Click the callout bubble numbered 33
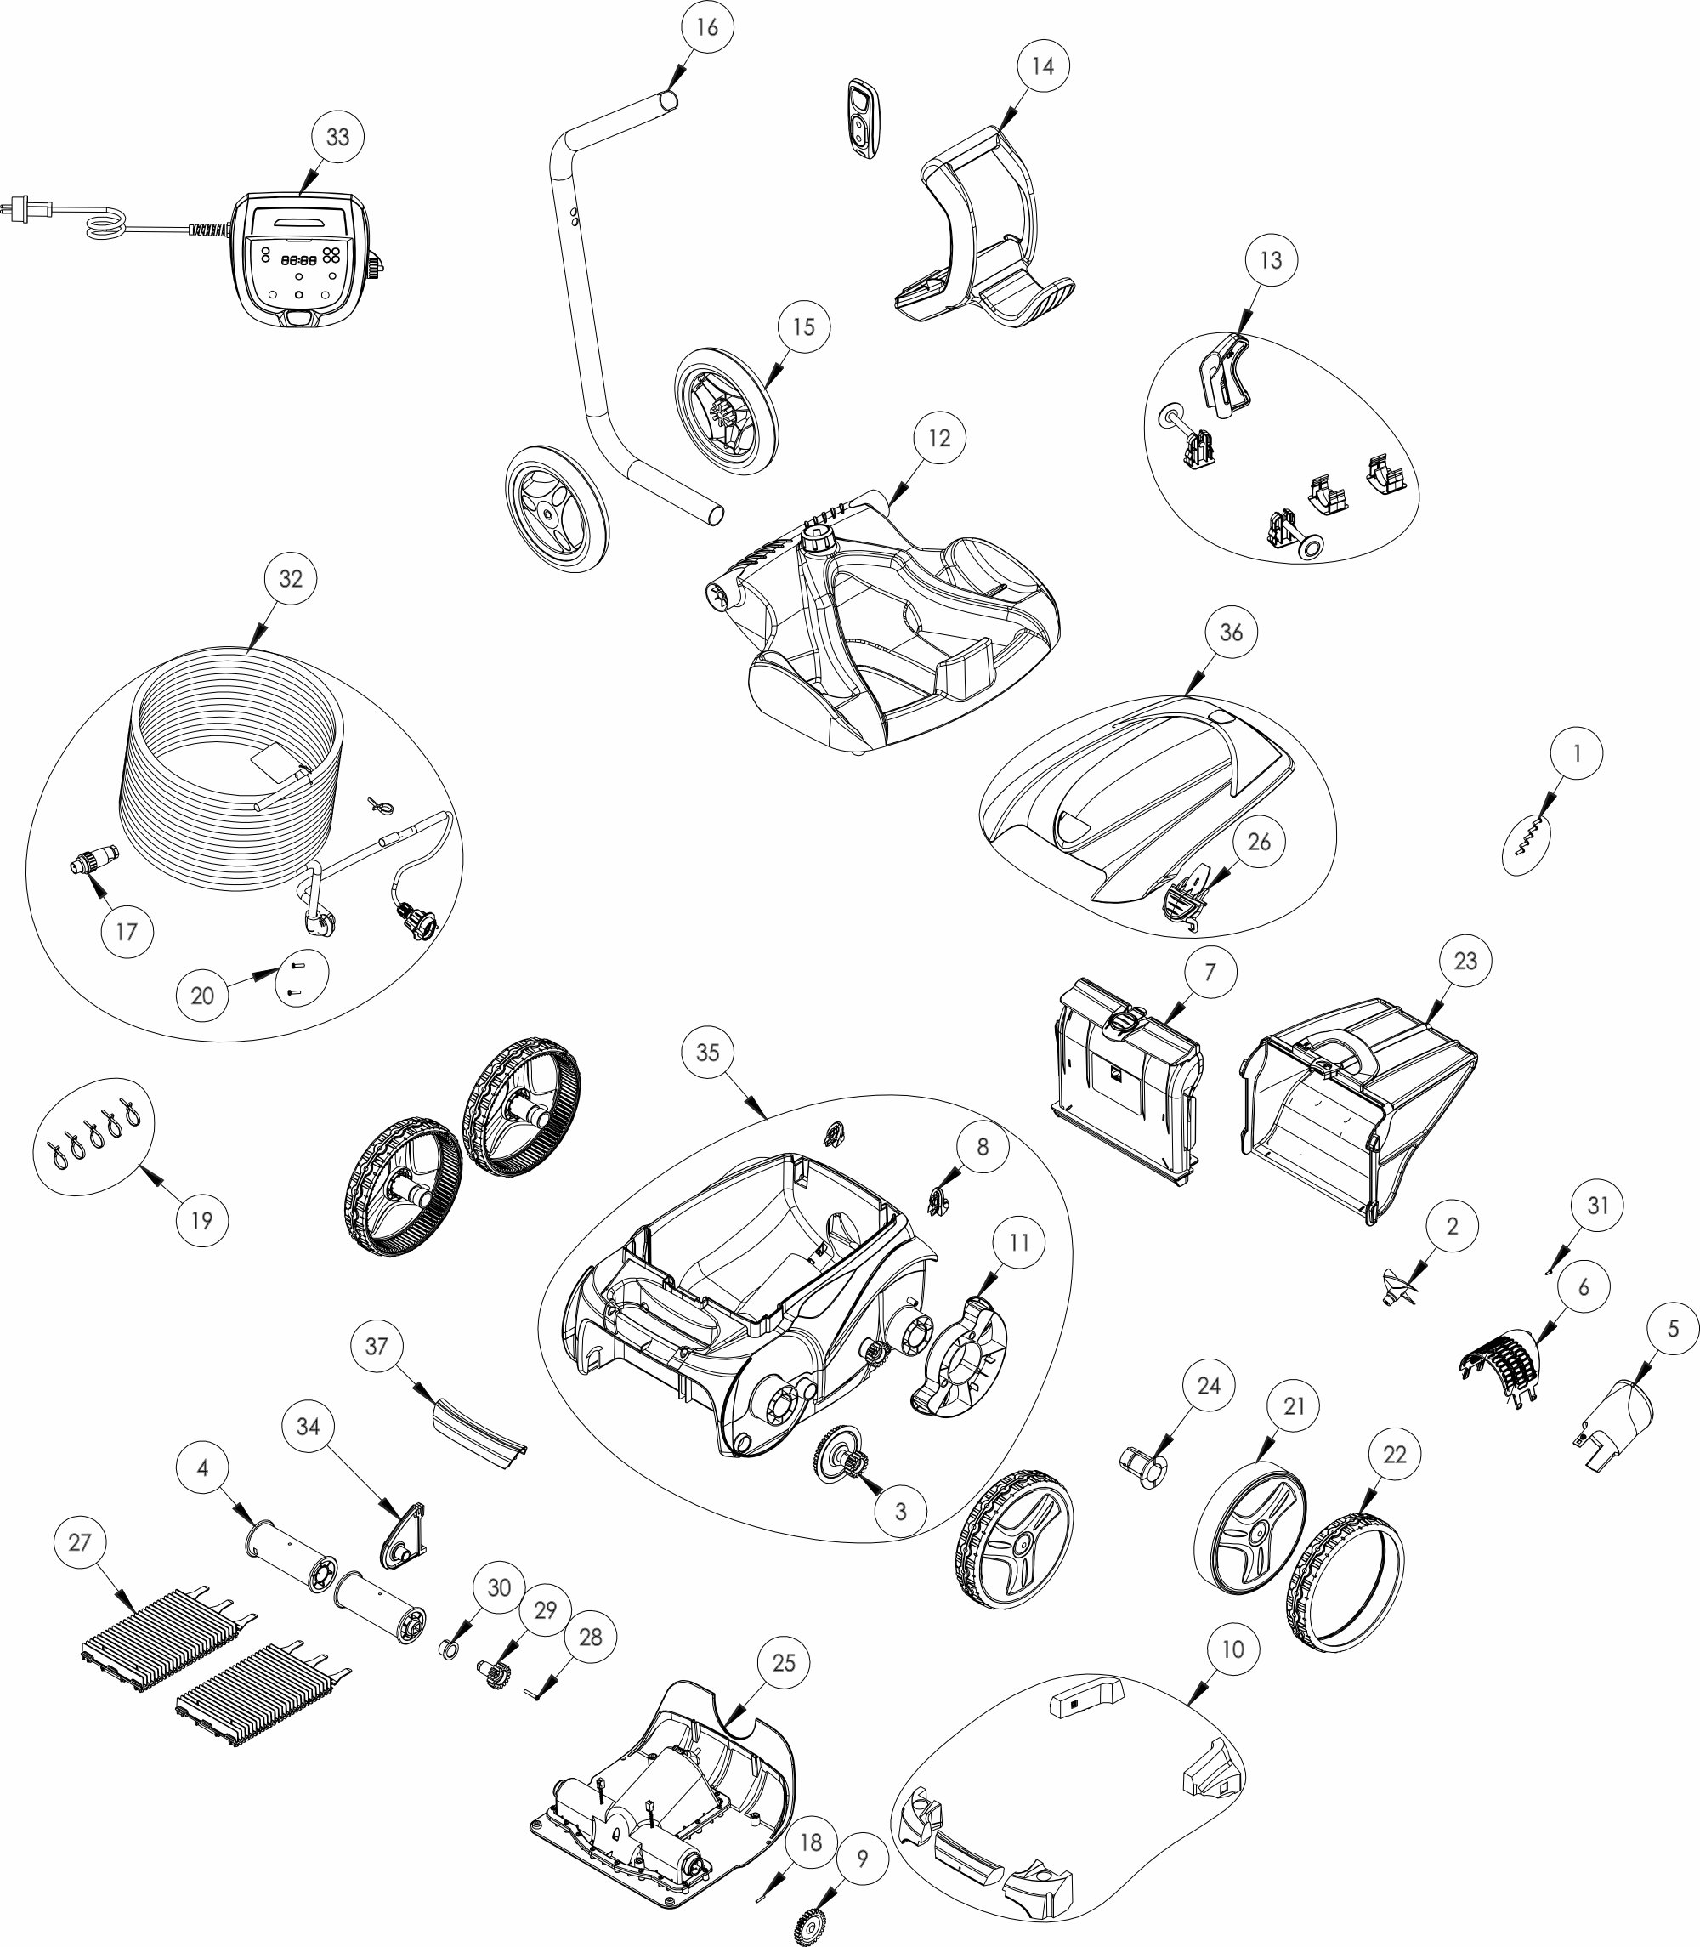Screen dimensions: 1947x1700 click(337, 138)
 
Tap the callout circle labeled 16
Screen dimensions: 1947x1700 click(706, 27)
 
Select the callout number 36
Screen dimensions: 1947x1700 click(1231, 632)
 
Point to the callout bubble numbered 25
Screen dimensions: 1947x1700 click(784, 1663)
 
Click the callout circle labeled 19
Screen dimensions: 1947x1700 click(202, 1220)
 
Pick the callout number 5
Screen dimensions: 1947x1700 click(1673, 1329)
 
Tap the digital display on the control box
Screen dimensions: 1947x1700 click(297, 259)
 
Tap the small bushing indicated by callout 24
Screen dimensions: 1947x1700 click(1145, 1474)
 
